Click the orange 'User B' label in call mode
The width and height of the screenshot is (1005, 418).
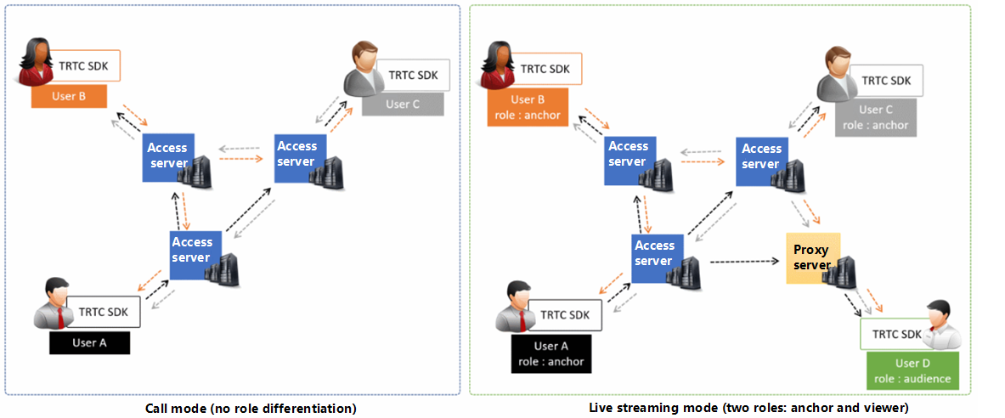(x=69, y=96)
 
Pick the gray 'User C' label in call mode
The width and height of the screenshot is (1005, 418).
(x=403, y=104)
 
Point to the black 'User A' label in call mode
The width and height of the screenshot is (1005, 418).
(x=89, y=342)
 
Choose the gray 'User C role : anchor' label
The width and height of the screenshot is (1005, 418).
(x=877, y=117)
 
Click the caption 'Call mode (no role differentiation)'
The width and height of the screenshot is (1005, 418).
(x=251, y=409)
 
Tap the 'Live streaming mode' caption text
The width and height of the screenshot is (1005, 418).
(x=748, y=409)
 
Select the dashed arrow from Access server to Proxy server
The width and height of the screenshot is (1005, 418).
(x=745, y=261)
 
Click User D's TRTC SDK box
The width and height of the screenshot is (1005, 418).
(x=895, y=334)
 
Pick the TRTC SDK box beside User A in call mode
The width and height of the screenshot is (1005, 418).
(x=104, y=312)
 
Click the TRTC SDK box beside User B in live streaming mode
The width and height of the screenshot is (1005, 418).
(x=545, y=69)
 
